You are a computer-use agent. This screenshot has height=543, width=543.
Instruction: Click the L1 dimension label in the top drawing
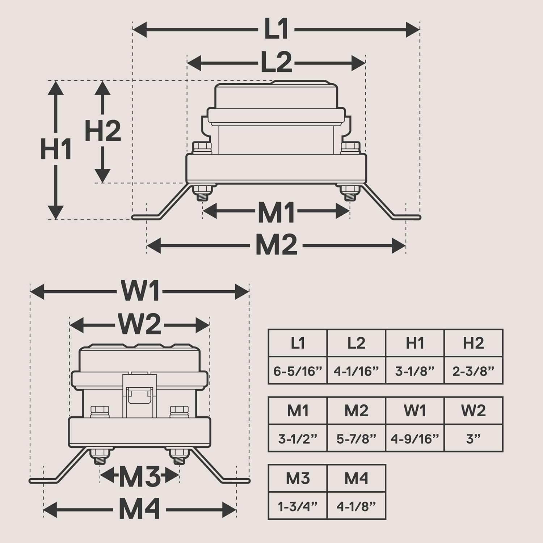276,29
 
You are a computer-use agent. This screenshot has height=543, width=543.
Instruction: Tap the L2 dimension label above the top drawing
276,63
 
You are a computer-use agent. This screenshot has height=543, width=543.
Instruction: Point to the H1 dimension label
56,149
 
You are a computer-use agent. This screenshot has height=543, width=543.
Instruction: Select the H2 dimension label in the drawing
103,131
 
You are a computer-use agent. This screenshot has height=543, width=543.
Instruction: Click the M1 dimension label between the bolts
276,212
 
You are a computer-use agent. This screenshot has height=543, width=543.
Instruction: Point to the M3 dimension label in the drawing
139,477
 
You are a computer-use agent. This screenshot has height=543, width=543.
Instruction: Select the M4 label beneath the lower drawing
139,510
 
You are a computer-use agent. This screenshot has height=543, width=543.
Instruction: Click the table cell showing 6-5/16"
298,371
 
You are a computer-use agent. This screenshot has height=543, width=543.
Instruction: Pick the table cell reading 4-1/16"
356,371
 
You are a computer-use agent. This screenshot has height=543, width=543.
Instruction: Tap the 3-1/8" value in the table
415,371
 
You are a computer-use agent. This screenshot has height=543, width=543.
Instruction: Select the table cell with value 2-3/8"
473,371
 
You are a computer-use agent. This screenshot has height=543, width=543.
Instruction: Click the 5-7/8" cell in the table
356,439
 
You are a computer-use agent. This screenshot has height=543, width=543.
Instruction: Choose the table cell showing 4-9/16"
415,439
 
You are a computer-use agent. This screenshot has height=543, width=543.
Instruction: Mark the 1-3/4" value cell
298,506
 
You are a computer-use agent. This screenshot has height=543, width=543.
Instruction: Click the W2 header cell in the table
473,411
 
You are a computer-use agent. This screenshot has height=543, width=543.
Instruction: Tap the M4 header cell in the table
356,478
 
